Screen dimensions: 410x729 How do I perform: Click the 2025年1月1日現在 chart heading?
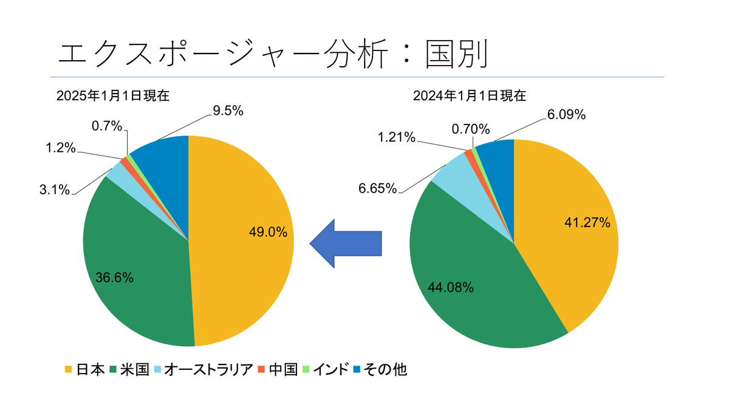pyautogui.click(x=112, y=95)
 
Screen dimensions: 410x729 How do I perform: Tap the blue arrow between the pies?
pyautogui.click(x=346, y=243)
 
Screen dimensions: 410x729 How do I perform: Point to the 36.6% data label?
pyautogui.click(x=115, y=277)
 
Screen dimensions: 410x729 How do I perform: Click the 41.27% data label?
pyautogui.click(x=587, y=223)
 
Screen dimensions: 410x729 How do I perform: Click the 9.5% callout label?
pyautogui.click(x=228, y=111)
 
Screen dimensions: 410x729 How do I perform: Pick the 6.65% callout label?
pyautogui.click(x=377, y=189)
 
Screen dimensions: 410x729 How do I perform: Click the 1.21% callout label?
pyautogui.click(x=395, y=138)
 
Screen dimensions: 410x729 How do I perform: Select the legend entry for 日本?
pyautogui.click(x=84, y=369)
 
